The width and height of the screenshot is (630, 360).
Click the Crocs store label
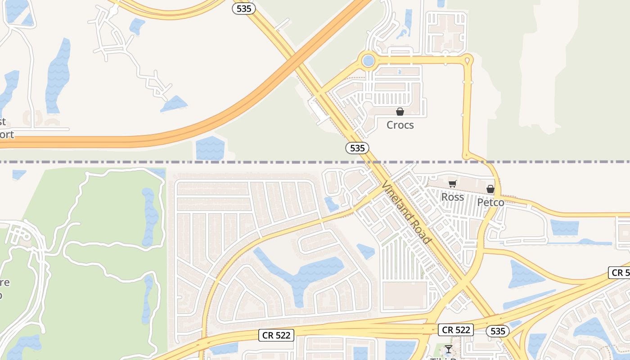400,125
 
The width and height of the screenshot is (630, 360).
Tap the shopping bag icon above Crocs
400,112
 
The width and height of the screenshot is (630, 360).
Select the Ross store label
452,197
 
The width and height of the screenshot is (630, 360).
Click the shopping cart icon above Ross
452,184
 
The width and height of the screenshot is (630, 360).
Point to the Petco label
490,202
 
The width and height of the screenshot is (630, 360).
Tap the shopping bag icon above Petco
490,189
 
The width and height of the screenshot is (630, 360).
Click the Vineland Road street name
406,212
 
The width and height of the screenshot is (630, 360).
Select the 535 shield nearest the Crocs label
357,148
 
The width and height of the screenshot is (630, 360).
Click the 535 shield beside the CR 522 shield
498,331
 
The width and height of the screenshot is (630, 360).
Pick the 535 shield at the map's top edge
244,8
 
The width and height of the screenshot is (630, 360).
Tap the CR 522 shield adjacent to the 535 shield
456,330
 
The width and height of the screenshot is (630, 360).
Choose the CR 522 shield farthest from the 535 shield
277,335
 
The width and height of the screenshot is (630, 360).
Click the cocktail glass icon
448,349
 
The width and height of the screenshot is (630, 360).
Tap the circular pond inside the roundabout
369,60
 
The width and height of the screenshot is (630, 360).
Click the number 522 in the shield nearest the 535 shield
463,330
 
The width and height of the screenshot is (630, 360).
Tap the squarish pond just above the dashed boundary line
210,148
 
